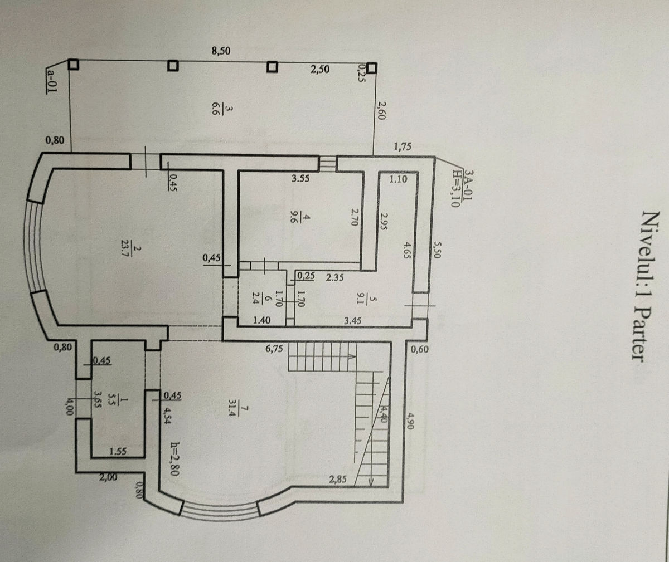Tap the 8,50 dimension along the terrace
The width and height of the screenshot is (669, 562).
coord(221,51)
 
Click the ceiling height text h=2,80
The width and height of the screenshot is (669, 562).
coord(175,459)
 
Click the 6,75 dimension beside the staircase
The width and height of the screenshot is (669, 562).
coord(274,349)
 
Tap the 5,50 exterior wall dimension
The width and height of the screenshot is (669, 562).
coord(437,250)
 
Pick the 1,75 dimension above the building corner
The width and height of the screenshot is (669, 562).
coord(403,146)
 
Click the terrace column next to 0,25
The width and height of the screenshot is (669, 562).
coord(372,68)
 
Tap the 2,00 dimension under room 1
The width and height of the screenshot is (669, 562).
coord(108,477)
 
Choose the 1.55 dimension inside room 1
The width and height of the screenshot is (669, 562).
coord(118,452)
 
